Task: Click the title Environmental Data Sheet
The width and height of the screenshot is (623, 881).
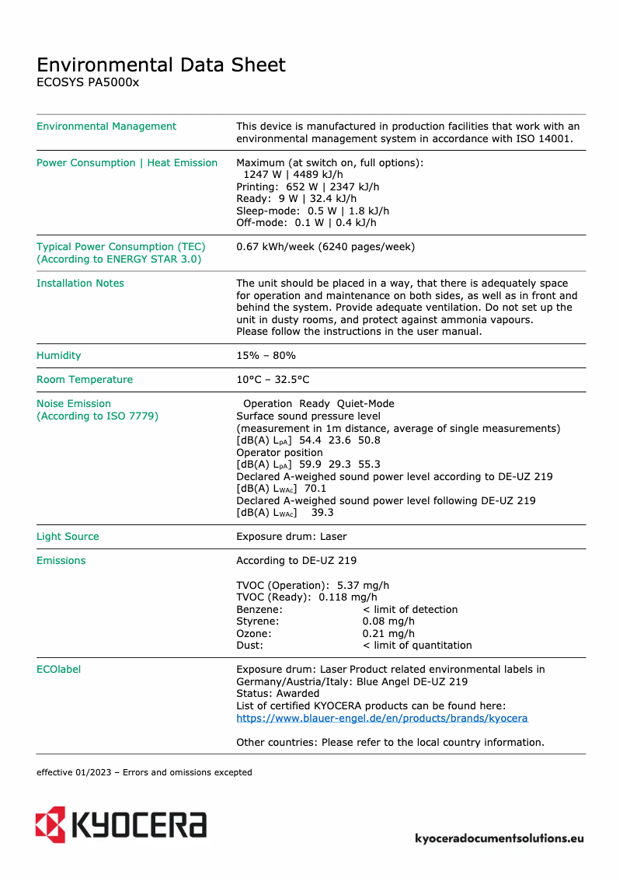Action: [x=161, y=64]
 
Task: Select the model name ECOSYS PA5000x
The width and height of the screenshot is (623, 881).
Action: [x=88, y=82]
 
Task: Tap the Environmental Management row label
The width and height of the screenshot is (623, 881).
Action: [x=106, y=127]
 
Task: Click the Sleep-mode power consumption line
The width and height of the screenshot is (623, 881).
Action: [x=312, y=211]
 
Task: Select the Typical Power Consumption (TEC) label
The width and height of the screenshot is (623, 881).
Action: [x=120, y=247]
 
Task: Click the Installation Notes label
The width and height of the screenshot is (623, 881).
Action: [x=80, y=284]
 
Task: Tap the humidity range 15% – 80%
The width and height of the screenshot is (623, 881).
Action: [x=266, y=356]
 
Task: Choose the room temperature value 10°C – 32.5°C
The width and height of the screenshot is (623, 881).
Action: [x=273, y=380]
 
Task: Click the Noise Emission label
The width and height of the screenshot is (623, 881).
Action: [x=74, y=404]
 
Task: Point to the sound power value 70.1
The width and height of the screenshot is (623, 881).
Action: [x=315, y=489]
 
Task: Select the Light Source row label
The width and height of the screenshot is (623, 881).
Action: [x=68, y=537]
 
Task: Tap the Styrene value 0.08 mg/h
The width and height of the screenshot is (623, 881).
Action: [x=388, y=622]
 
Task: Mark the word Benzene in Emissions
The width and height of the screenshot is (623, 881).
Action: [x=259, y=610]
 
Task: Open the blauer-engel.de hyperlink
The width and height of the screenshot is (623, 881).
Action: [x=381, y=719]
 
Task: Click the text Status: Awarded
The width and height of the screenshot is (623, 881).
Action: [x=277, y=694]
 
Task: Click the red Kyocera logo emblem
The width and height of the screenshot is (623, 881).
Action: [x=50, y=824]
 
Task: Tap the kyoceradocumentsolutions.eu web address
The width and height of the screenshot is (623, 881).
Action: [x=499, y=838]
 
